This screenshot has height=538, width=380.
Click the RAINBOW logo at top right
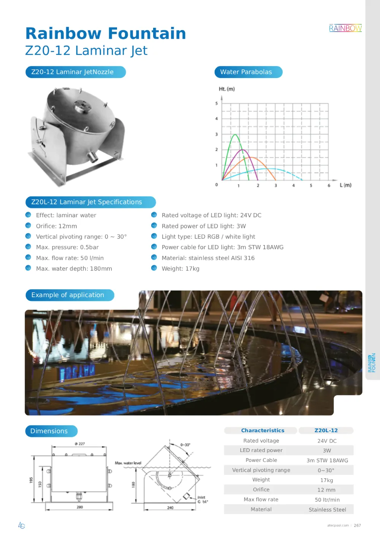tap(345, 28)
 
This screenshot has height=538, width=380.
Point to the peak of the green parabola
tap(235, 135)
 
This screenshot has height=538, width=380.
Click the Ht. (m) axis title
tap(226, 89)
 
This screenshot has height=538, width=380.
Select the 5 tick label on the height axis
tap(217, 103)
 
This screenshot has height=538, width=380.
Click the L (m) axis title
tap(345, 185)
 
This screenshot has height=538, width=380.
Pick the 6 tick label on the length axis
tap(329, 186)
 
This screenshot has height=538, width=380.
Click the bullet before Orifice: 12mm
tap(28, 226)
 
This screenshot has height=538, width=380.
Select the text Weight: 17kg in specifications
tap(180, 269)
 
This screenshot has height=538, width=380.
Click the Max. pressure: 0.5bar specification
tap(67, 247)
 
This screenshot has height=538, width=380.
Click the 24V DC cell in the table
tap(327, 441)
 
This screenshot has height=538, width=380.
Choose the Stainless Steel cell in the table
tap(327, 510)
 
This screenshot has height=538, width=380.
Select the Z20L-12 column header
tap(326, 431)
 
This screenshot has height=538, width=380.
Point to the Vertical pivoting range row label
tap(261, 470)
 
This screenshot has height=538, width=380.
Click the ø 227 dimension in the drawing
tap(80, 444)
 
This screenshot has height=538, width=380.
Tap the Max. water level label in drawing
tap(128, 463)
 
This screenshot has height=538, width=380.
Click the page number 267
tap(357, 525)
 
